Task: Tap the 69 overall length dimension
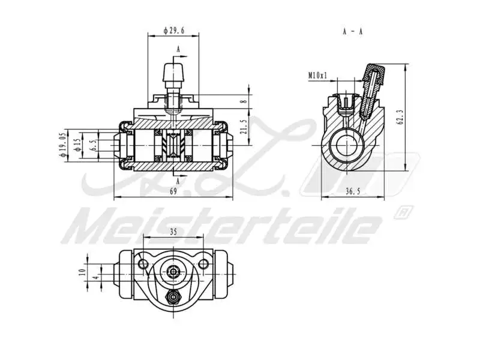click(173, 191)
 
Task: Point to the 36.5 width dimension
click(353, 191)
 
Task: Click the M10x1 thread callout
click(318, 76)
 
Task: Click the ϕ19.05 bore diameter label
click(62, 145)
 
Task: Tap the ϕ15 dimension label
click(77, 145)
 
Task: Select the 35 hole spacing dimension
click(173, 230)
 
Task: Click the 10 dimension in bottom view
click(82, 272)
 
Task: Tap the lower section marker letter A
click(178, 179)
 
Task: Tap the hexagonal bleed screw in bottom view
click(173, 296)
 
